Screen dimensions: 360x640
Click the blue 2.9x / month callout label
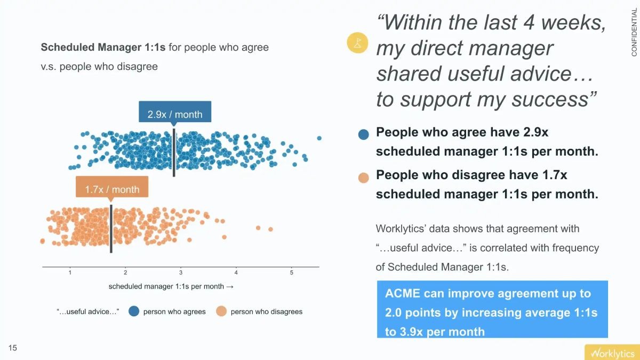pos(175,114)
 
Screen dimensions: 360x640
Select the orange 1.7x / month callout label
pos(112,189)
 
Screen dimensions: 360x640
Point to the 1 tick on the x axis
pos(70,273)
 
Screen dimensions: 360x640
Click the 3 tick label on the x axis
pos(181,273)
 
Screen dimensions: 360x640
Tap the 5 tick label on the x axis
pos(291,273)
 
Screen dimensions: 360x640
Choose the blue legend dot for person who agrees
pos(134,311)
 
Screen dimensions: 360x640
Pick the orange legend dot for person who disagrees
pos(221,311)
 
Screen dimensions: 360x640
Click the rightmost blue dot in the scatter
pos(319,138)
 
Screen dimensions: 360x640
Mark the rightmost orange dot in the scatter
pos(270,229)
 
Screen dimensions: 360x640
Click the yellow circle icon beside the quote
pos(357,43)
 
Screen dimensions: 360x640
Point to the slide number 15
pos(13,348)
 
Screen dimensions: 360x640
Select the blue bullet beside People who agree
pos(364,134)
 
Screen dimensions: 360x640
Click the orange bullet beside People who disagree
pos(364,178)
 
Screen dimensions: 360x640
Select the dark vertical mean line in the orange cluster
pos(111,229)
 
